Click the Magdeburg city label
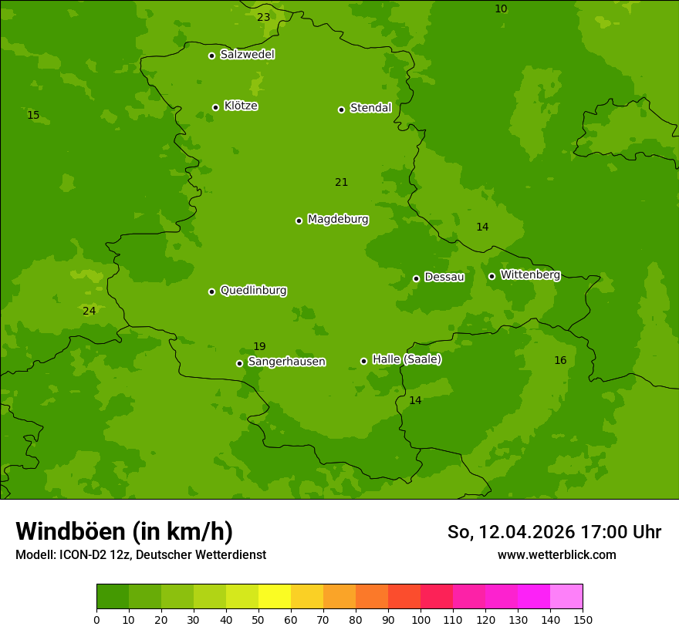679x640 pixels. click(x=337, y=220)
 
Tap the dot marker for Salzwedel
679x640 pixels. click(x=211, y=56)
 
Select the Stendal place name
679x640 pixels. click(x=370, y=108)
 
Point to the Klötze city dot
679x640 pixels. click(x=215, y=107)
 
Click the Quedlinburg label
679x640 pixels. click(x=253, y=291)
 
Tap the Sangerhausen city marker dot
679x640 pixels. click(x=239, y=363)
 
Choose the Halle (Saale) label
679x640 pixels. click(x=407, y=359)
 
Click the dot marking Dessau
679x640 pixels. click(x=416, y=278)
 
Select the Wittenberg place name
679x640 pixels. click(x=529, y=275)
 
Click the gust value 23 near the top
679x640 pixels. click(x=264, y=17)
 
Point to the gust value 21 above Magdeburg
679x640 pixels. click(x=341, y=182)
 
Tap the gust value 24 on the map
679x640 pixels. click(x=90, y=311)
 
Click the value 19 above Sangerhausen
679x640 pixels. click(x=259, y=346)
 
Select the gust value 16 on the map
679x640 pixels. click(x=560, y=360)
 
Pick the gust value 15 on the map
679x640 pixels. click(x=33, y=115)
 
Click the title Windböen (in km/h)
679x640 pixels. click(x=124, y=531)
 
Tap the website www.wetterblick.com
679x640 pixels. click(x=556, y=554)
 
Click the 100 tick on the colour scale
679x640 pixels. click(x=421, y=619)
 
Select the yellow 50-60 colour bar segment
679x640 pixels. click(x=275, y=597)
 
